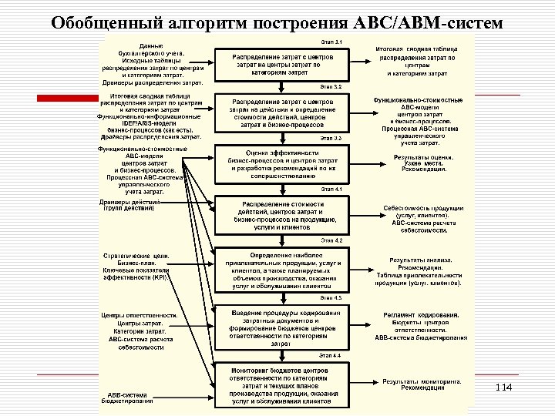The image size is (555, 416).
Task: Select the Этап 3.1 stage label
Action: click(x=332, y=40)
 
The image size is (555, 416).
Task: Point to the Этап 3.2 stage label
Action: click(x=332, y=87)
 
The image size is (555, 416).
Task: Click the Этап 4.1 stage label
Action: click(x=332, y=188)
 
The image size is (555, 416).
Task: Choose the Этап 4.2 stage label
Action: click(x=332, y=240)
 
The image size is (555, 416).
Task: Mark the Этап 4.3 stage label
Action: click(x=332, y=297)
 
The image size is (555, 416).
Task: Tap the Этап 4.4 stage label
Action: click(x=332, y=355)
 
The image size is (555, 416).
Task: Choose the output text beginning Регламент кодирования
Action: click(x=421, y=327)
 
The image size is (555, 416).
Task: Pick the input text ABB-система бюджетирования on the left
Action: click(x=129, y=398)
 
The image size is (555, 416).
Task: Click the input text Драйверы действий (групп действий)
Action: click(x=129, y=204)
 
